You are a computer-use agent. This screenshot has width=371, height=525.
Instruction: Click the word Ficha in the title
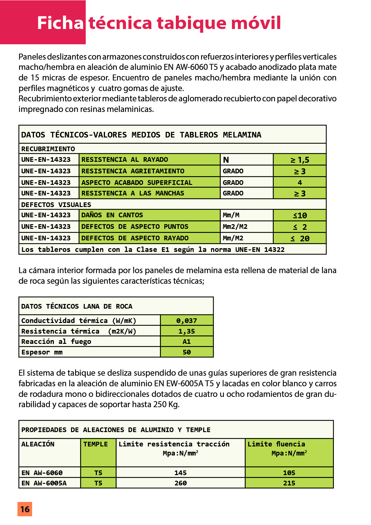(x=60, y=23)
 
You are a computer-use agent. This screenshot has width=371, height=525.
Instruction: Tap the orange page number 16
(x=25, y=509)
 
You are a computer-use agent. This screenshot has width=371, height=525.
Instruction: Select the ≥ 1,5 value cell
(x=300, y=160)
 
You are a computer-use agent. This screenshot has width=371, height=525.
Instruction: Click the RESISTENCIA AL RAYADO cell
(x=125, y=160)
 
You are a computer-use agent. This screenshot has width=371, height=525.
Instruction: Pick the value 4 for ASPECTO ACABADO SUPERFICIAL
(x=300, y=182)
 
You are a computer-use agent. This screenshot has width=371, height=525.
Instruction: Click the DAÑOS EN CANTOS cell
(x=112, y=215)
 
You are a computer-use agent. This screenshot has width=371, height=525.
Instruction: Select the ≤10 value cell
(x=300, y=215)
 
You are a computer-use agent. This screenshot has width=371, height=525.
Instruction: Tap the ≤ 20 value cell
(x=300, y=238)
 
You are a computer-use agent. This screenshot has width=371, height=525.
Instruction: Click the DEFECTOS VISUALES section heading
(x=56, y=205)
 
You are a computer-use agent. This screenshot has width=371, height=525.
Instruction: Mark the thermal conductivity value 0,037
(x=186, y=320)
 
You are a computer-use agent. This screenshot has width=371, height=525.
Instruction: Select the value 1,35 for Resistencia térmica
(x=186, y=331)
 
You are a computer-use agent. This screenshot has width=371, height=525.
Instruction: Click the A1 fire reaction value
(x=186, y=342)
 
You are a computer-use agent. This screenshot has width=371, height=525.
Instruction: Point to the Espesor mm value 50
(x=186, y=352)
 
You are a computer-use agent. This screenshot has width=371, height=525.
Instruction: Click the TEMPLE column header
(x=95, y=444)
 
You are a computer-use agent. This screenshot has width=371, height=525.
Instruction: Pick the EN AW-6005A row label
(x=44, y=483)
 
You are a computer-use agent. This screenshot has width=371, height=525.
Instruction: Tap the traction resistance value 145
(x=181, y=473)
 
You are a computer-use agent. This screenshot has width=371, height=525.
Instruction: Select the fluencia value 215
(x=289, y=483)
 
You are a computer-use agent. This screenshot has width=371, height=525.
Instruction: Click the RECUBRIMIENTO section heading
(x=48, y=149)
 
